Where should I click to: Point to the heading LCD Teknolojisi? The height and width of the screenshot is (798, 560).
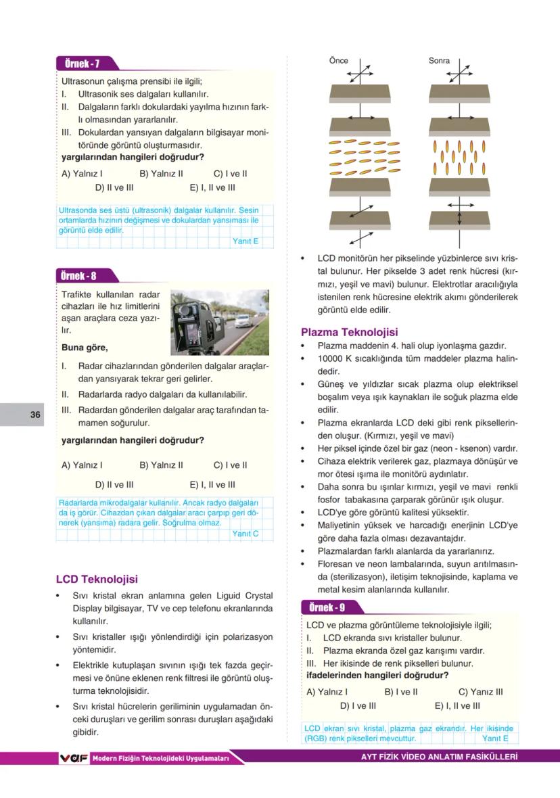point(97,580)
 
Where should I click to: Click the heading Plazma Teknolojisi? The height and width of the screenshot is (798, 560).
point(349,332)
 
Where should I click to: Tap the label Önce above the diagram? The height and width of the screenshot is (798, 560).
point(338,61)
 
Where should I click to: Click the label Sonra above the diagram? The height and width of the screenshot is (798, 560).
point(439,61)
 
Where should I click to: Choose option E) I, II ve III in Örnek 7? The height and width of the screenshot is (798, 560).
point(212,188)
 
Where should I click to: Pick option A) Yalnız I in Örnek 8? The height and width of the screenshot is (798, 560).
point(82,465)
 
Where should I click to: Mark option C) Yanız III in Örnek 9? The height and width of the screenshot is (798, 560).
point(480,692)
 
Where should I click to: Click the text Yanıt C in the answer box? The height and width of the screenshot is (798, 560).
point(245,534)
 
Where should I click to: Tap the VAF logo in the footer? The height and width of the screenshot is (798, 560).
point(74,759)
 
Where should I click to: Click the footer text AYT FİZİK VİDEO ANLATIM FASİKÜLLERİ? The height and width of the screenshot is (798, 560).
point(440,757)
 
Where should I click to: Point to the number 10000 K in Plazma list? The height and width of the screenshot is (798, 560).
point(335,358)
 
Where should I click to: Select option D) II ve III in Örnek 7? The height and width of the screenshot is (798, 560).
point(114,188)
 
